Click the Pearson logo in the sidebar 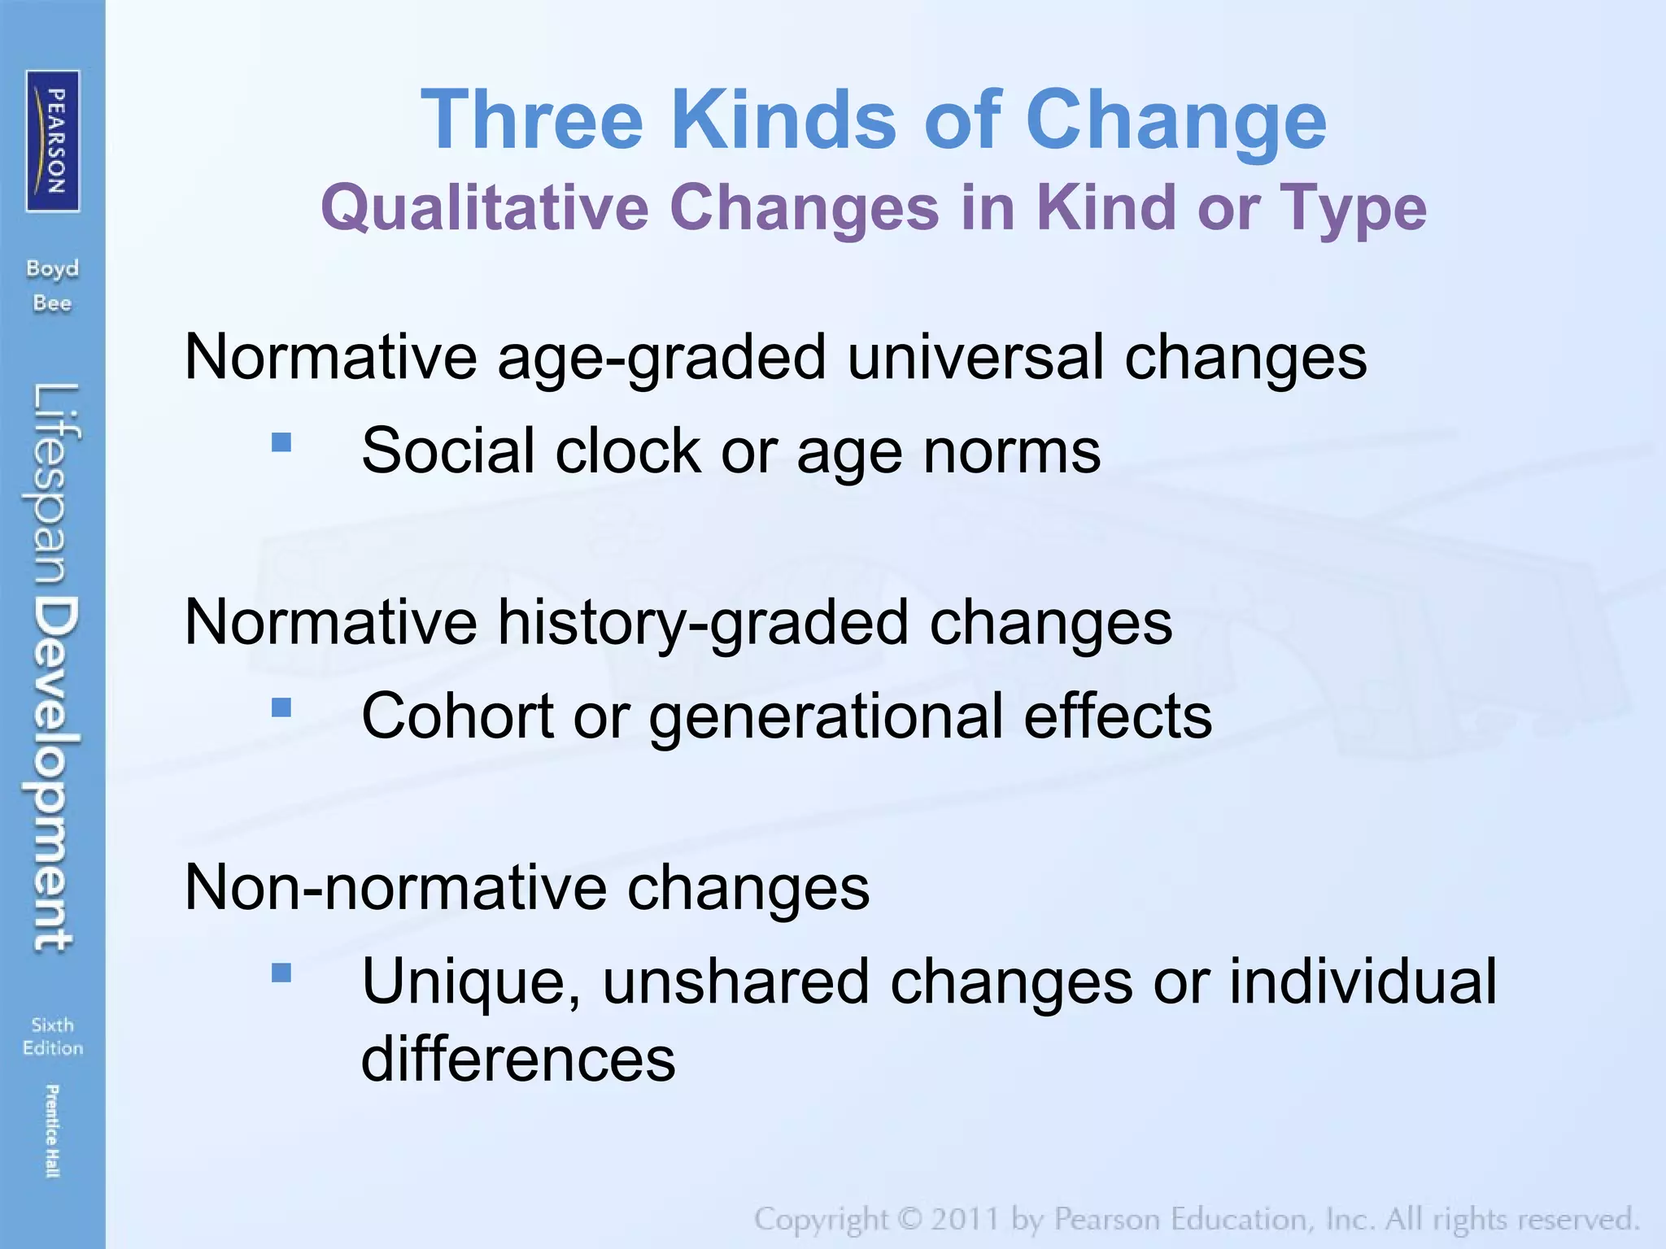point(53,141)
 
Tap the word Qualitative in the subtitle point(485,208)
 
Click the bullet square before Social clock point(281,442)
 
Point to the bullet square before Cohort point(281,707)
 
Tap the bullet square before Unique point(281,973)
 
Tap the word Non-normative point(395,887)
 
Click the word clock point(627,450)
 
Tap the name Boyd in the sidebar point(53,269)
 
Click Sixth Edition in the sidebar point(53,1036)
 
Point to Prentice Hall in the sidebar point(52,1130)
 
